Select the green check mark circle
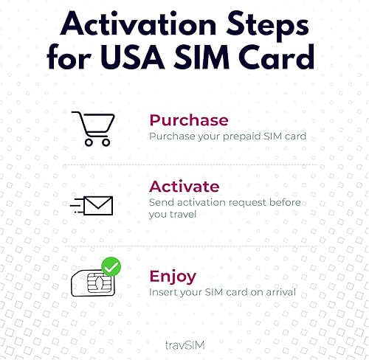[111, 266]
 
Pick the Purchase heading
[188, 120]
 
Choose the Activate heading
[184, 186]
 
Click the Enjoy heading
[172, 277]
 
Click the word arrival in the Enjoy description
[278, 293]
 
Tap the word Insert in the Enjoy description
[164, 293]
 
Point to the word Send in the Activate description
[162, 202]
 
